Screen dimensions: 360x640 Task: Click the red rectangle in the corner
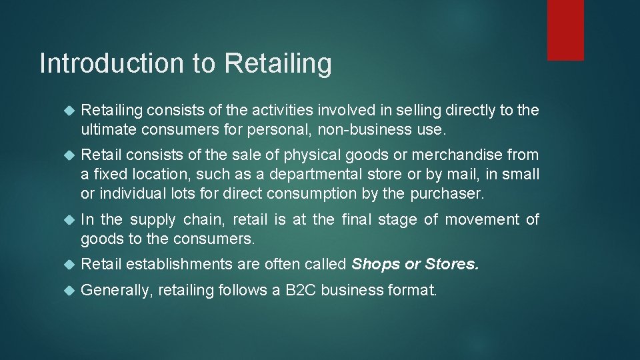point(565,30)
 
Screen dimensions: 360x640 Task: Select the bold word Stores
point(451,264)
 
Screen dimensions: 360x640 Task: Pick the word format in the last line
point(413,290)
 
